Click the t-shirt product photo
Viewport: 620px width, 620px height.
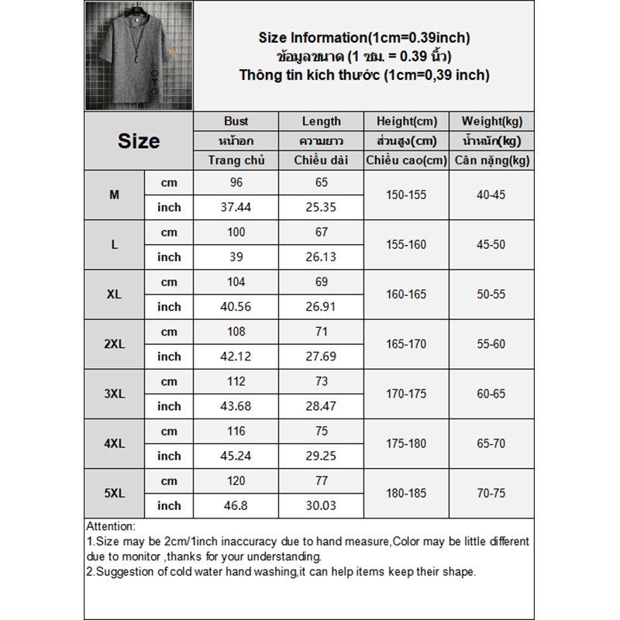pyautogui.click(x=139, y=57)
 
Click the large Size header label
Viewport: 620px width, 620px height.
pyautogui.click(x=139, y=141)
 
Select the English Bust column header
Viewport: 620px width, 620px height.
pyautogui.click(x=236, y=121)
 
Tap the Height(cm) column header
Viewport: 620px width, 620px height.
pyautogui.click(x=407, y=121)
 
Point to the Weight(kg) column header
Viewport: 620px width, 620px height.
pyautogui.click(x=492, y=121)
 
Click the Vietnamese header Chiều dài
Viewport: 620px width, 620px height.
pyautogui.click(x=322, y=160)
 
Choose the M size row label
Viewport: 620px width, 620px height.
pyautogui.click(x=115, y=195)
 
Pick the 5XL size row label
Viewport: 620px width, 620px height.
pyautogui.click(x=115, y=493)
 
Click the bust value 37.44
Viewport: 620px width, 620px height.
pyautogui.click(x=236, y=207)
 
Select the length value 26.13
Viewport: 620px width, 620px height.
pyautogui.click(x=322, y=257)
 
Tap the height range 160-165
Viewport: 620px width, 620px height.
pyautogui.click(x=407, y=294)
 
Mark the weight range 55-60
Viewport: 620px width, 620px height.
pyautogui.click(x=492, y=344)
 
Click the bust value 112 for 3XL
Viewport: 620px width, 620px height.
pyautogui.click(x=236, y=381)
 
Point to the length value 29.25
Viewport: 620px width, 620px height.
pyautogui.click(x=322, y=456)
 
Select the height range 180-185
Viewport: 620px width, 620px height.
pyautogui.click(x=407, y=493)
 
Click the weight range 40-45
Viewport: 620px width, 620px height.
pyautogui.click(x=492, y=195)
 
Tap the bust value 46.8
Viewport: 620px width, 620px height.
pyautogui.click(x=236, y=505)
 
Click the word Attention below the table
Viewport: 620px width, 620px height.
pyautogui.click(x=111, y=526)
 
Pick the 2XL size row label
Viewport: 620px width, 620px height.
pyautogui.click(x=115, y=344)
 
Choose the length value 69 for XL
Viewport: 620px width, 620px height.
pyautogui.click(x=322, y=282)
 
